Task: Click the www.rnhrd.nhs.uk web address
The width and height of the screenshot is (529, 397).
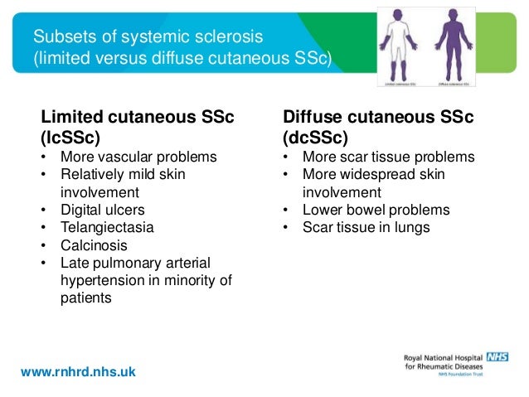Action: (x=78, y=372)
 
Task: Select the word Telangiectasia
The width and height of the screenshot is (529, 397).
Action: (x=107, y=226)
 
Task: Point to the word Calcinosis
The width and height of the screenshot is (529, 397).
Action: (x=94, y=244)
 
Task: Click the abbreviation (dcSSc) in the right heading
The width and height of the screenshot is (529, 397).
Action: (x=316, y=136)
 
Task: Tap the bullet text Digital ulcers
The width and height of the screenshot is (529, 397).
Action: (x=102, y=209)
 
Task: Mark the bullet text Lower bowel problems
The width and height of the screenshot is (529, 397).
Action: (x=376, y=209)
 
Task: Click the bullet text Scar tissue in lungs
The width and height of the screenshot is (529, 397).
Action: (x=366, y=226)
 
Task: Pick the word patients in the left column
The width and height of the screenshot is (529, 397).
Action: (x=85, y=297)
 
